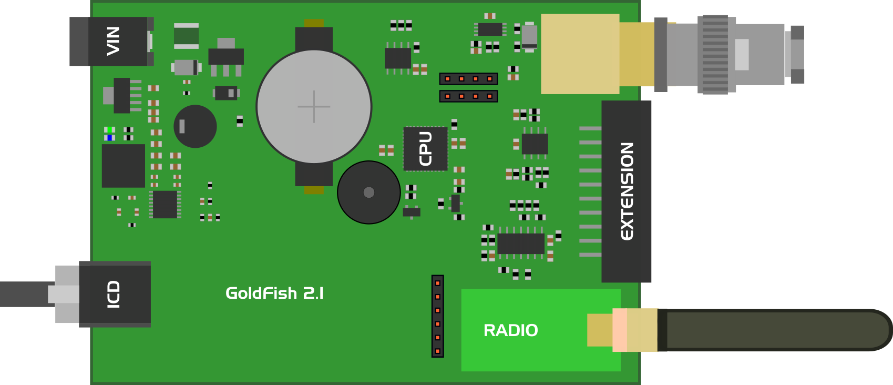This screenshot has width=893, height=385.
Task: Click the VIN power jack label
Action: pos(113,41)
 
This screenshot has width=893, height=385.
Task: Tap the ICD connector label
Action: pos(114,294)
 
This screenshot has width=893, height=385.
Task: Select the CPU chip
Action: pos(425,149)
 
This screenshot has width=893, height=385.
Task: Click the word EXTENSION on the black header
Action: pos(627,191)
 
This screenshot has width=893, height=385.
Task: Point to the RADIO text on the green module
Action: pos(510,330)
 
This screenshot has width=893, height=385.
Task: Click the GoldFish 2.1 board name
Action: pos(274,293)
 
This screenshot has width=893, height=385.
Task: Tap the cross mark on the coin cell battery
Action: pos(314,106)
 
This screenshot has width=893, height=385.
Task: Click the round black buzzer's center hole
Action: pos(369,192)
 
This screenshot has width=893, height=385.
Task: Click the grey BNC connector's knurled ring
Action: pos(715,55)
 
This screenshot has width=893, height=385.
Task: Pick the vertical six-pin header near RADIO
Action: pos(437,316)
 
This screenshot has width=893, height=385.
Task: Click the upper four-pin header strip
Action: pos(468,79)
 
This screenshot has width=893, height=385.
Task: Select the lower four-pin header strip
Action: pos(468,96)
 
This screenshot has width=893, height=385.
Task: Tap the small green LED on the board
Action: pos(109,129)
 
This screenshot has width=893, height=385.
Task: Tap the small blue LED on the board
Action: pos(109,138)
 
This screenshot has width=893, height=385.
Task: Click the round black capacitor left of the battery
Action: pos(195,126)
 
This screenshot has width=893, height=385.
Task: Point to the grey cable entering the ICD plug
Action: pos(24,294)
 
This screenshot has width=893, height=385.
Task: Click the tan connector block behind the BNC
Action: pos(580,54)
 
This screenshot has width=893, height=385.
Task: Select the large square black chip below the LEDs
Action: pos(123,166)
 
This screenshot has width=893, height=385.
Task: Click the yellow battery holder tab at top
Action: pos(314,23)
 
